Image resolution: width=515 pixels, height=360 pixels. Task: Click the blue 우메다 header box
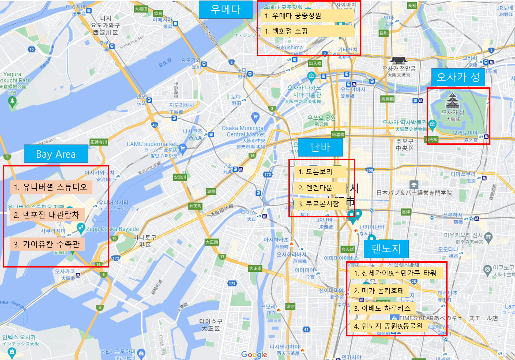coord(225,10)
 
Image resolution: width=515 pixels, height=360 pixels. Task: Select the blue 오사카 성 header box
coord(458,77)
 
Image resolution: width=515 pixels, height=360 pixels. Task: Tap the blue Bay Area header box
coord(56,154)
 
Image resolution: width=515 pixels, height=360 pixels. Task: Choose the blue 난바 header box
coord(320,147)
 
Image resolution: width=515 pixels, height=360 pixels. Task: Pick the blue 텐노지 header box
coord(386,249)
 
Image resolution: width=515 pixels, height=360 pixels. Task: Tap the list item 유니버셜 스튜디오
coord(51,187)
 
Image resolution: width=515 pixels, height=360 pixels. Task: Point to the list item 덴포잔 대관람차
coord(47,215)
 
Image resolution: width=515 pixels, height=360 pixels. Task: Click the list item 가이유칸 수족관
coord(47,244)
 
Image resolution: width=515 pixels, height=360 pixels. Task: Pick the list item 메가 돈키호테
coord(379,291)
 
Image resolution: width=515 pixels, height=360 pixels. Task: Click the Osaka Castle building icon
coord(453,101)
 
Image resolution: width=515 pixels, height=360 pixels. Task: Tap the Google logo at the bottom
coord(254,354)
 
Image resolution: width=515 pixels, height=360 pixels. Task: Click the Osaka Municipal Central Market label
coord(243,131)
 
